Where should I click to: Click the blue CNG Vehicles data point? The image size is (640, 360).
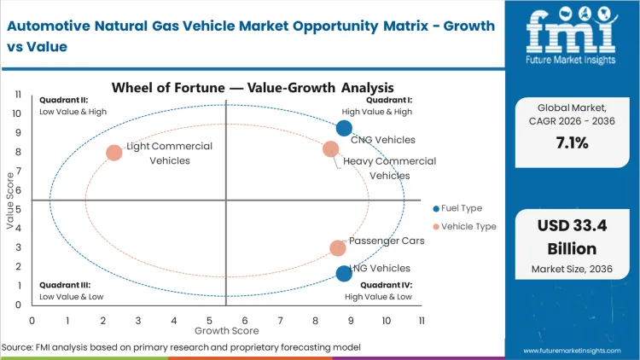(x=344, y=128)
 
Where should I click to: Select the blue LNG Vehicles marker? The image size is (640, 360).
(x=344, y=273)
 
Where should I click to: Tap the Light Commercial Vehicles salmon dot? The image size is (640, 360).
(x=114, y=153)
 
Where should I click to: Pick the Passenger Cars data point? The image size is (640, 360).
(x=338, y=248)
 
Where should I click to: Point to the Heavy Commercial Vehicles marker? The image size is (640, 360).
(x=331, y=149)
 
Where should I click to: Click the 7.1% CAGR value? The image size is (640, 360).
(x=572, y=143)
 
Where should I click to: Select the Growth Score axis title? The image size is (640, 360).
(x=226, y=329)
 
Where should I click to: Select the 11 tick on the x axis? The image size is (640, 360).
(x=421, y=320)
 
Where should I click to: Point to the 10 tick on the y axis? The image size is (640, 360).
(x=15, y=113)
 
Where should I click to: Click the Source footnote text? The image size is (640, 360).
(x=179, y=347)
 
